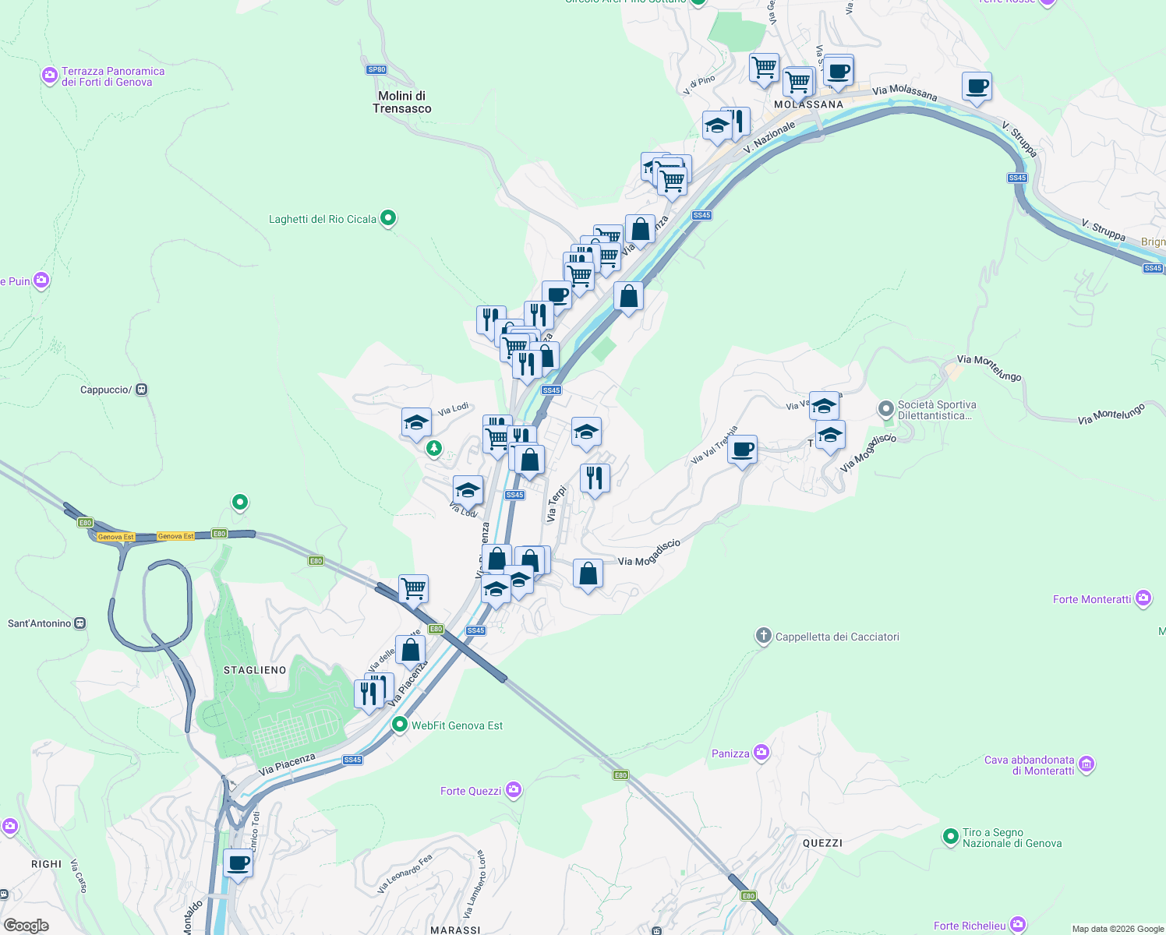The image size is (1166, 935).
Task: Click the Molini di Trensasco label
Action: [x=401, y=102]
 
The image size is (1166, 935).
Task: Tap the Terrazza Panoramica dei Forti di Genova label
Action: [x=113, y=76]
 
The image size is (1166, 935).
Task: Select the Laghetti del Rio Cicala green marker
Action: [x=388, y=218]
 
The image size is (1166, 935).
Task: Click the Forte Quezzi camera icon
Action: [x=513, y=790]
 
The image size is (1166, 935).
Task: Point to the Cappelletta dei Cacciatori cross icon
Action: [x=763, y=636]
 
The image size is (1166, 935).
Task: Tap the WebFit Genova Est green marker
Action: [x=400, y=725]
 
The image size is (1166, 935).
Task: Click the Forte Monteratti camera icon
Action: [x=1143, y=598]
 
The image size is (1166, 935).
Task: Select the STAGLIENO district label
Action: [x=255, y=670]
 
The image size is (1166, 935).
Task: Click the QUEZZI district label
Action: [x=822, y=843]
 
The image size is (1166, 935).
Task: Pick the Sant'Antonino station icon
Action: [x=79, y=623]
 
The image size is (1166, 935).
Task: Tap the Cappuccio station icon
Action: [x=141, y=390]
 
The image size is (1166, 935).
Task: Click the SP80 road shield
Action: [x=376, y=69]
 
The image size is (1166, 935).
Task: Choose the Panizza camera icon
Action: [x=761, y=753]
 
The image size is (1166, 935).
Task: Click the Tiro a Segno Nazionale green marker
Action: [x=950, y=837]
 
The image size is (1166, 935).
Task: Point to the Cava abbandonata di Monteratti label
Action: [x=1029, y=765]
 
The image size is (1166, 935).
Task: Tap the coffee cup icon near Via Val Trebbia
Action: [x=743, y=450]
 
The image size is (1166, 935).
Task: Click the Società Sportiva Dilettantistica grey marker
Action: [x=885, y=408]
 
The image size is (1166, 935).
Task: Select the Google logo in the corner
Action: [x=26, y=926]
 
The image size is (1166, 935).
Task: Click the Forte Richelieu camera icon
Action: [x=1018, y=925]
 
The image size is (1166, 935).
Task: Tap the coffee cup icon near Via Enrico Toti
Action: [x=238, y=863]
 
